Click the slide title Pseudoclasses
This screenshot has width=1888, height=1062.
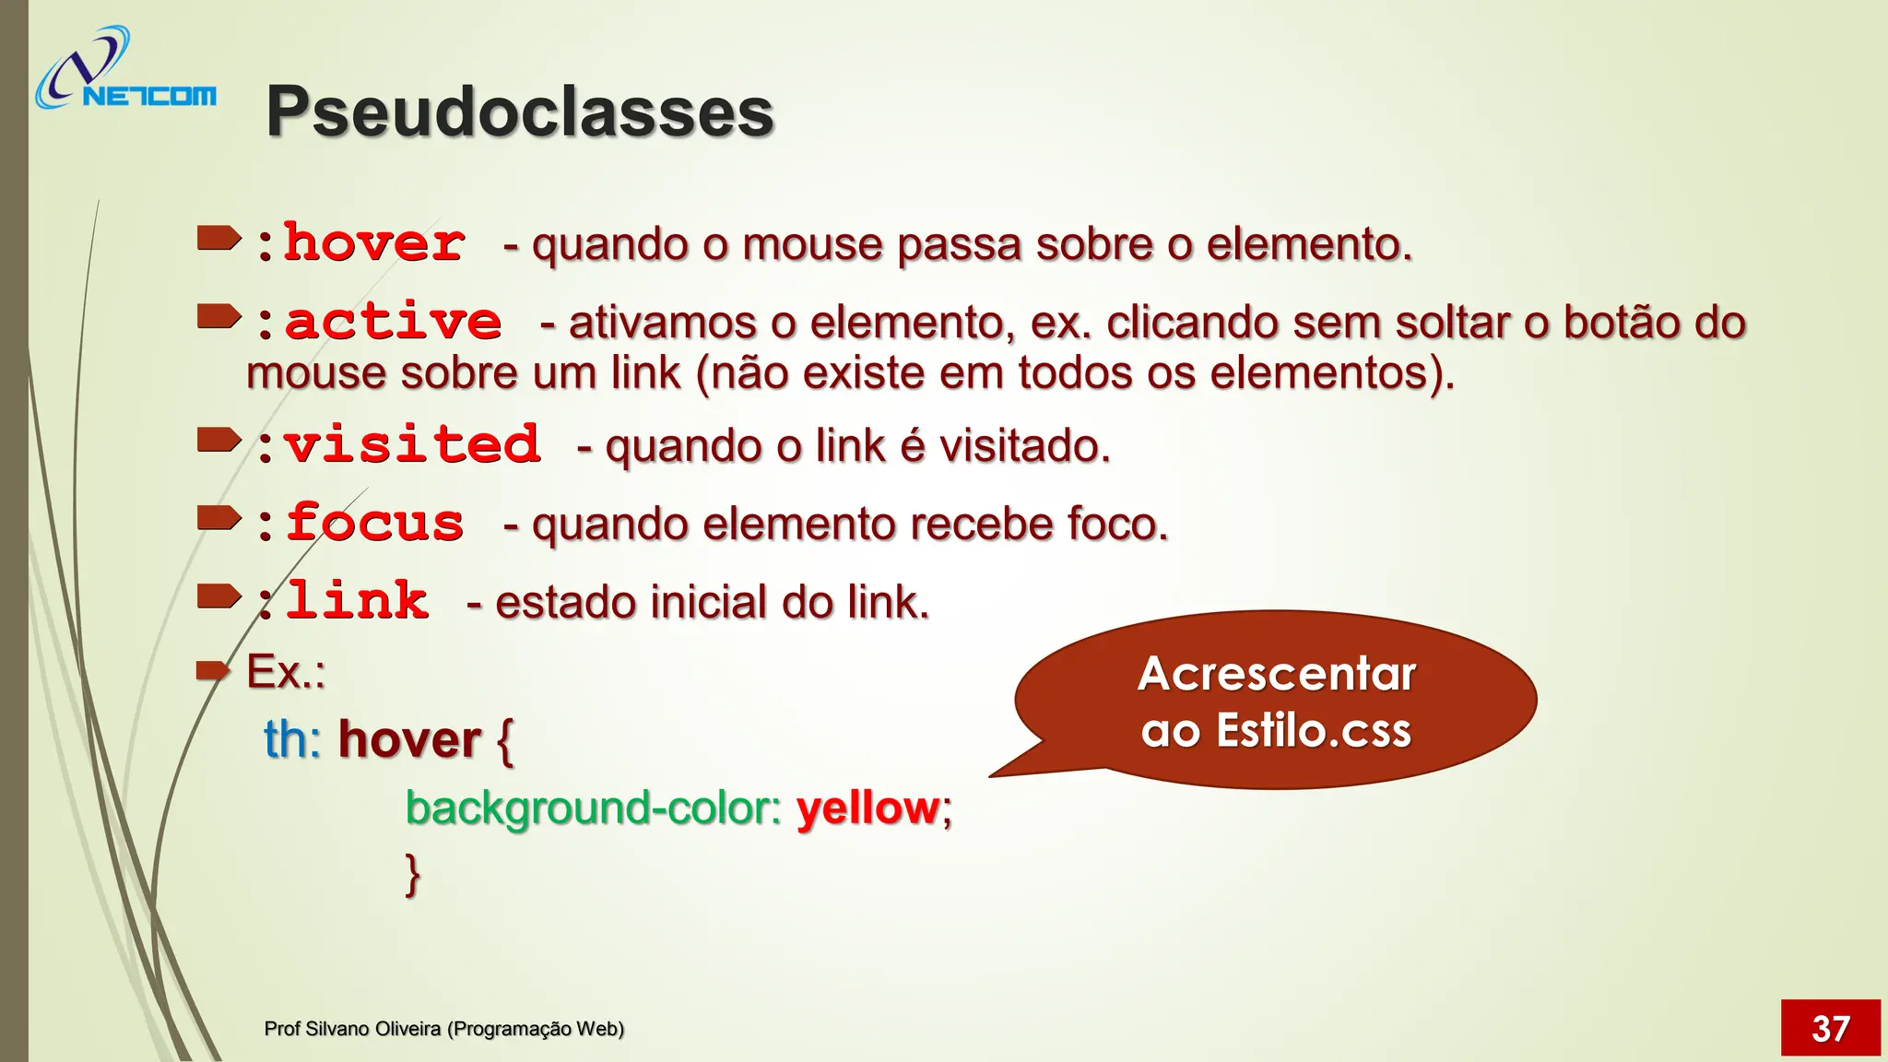point(519,112)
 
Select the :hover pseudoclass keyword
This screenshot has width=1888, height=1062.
point(360,243)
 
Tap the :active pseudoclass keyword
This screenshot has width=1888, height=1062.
point(378,322)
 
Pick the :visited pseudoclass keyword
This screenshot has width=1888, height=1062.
point(396,445)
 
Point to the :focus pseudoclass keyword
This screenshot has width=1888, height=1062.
point(360,524)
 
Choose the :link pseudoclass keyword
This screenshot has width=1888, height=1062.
point(341,601)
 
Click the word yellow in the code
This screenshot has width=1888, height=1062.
point(867,808)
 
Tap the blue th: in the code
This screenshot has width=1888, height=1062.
point(292,739)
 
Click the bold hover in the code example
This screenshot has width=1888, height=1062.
point(409,739)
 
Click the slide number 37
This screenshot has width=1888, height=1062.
point(1830,1028)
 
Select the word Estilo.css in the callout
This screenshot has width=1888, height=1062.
point(1314,730)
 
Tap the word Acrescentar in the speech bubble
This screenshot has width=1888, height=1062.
point(1277,673)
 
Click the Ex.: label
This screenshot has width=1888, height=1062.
point(286,671)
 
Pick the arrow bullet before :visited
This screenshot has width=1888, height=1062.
point(218,442)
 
